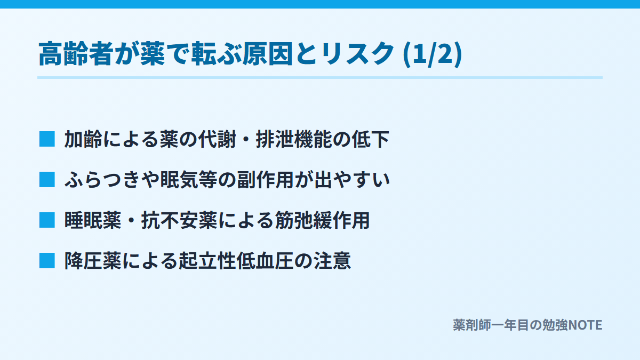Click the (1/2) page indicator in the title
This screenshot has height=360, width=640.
(x=433, y=54)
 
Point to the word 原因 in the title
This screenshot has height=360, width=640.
(x=268, y=54)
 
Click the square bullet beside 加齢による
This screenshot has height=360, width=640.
(x=47, y=139)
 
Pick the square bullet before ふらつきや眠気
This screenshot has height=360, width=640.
(x=47, y=180)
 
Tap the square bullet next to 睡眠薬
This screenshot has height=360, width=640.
(x=47, y=220)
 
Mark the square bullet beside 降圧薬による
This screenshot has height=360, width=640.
(x=47, y=261)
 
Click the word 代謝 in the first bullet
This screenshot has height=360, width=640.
(x=217, y=139)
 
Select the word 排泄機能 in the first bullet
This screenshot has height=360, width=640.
(x=294, y=139)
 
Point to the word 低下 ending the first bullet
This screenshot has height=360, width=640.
(x=370, y=139)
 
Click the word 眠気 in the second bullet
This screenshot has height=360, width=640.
(x=179, y=180)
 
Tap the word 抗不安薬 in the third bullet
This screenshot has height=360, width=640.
(x=179, y=221)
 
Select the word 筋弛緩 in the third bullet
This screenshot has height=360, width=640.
(x=303, y=221)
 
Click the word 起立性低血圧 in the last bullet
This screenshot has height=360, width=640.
(x=237, y=261)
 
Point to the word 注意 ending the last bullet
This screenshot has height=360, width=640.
(x=332, y=261)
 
